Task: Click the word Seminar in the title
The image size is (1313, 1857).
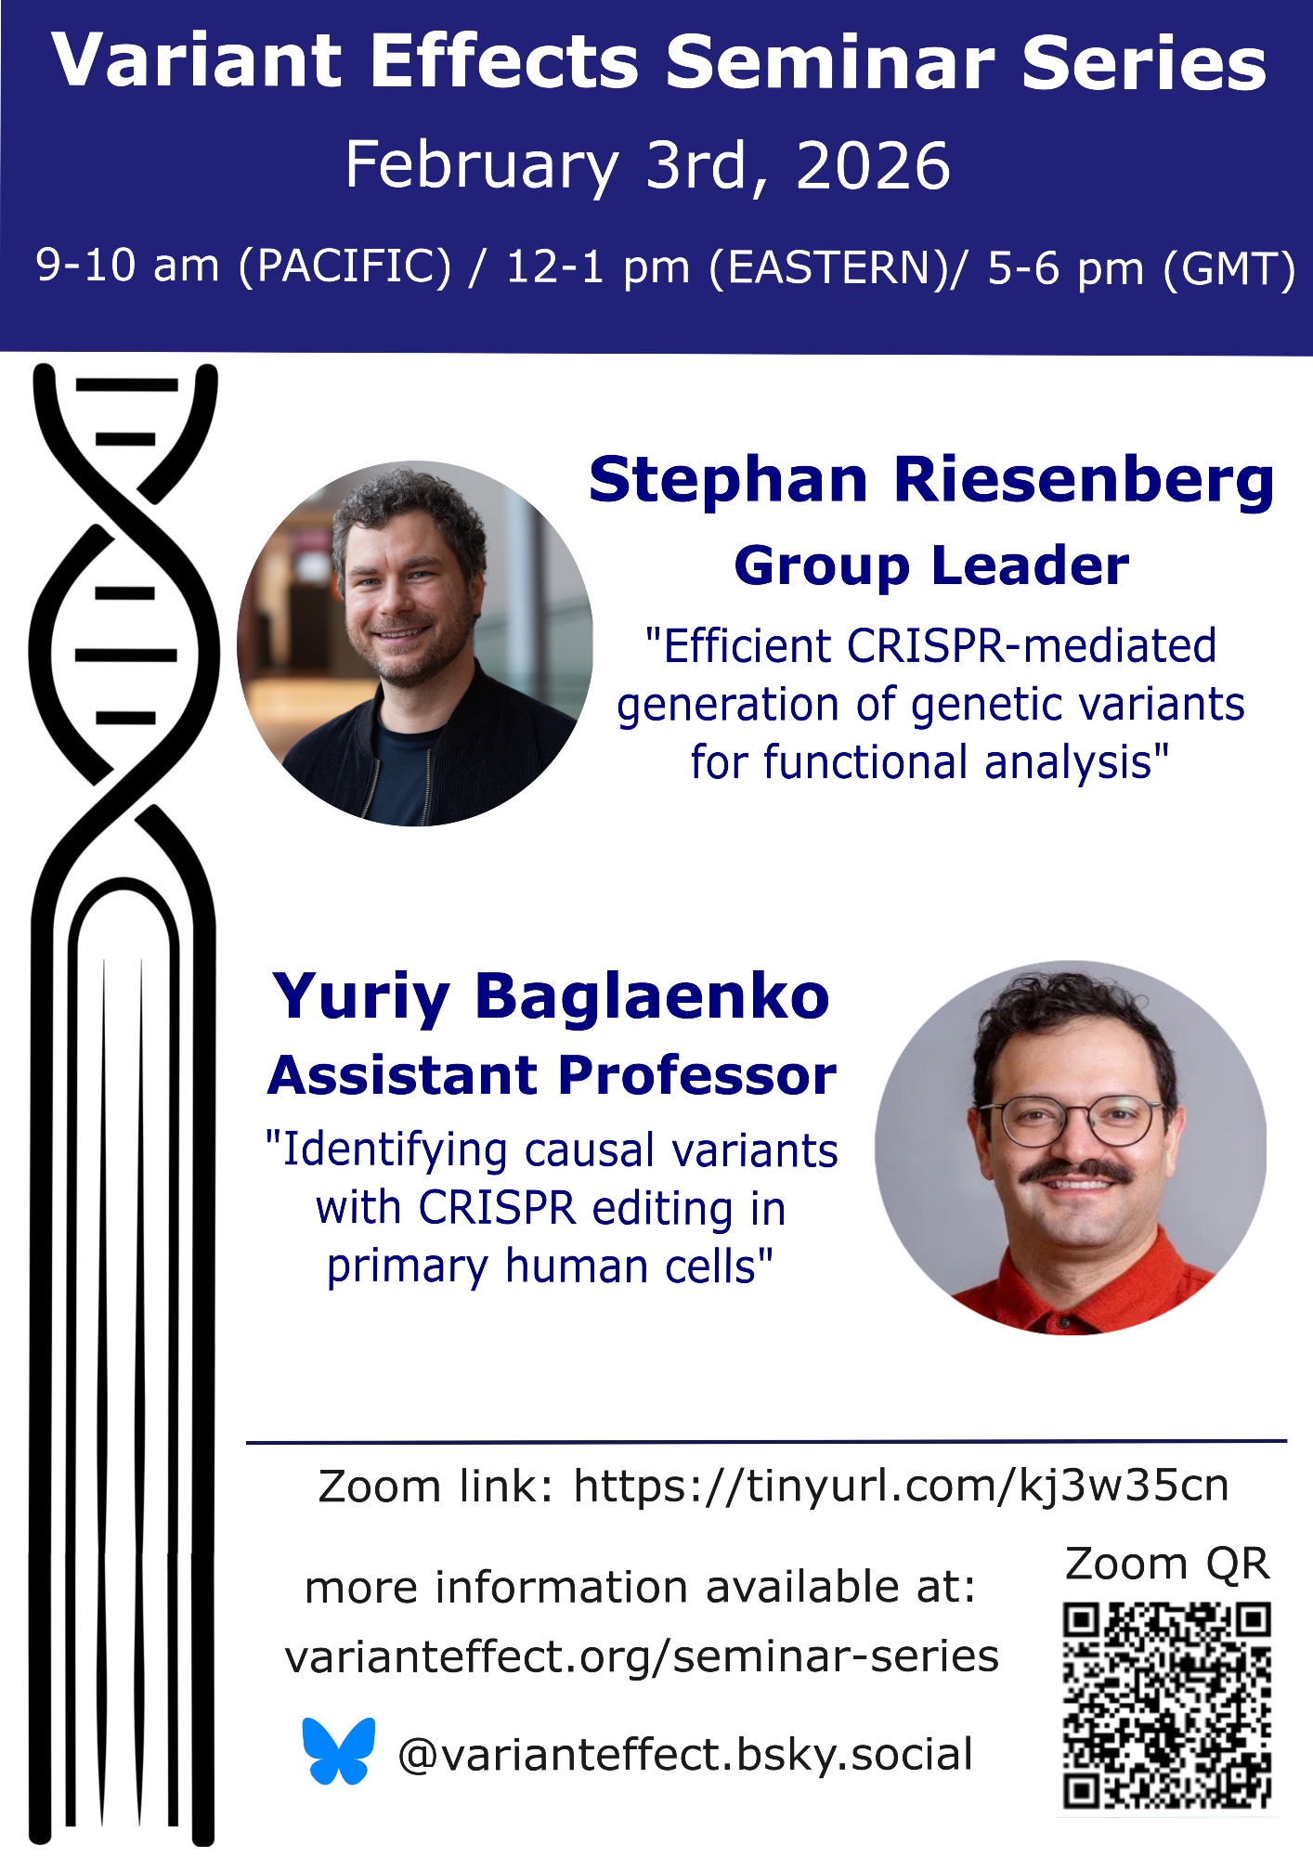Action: point(831,63)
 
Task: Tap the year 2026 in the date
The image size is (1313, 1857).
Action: point(873,166)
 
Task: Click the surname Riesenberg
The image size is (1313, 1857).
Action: point(1084,482)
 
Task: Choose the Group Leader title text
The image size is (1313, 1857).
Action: point(931,565)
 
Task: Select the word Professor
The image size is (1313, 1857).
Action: point(697,1076)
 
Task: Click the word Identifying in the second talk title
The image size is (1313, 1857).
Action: point(395,1152)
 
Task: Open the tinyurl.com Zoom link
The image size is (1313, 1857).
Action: point(901,1487)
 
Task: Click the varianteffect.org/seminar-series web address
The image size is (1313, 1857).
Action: point(642,1656)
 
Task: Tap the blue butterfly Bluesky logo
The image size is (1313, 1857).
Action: point(339,1750)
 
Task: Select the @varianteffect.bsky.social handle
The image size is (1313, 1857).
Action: point(685,1756)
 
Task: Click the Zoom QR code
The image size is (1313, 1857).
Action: point(1166,1705)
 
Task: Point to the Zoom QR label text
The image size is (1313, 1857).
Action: point(1167,1564)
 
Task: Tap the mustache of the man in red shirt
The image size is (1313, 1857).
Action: point(1076,1173)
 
